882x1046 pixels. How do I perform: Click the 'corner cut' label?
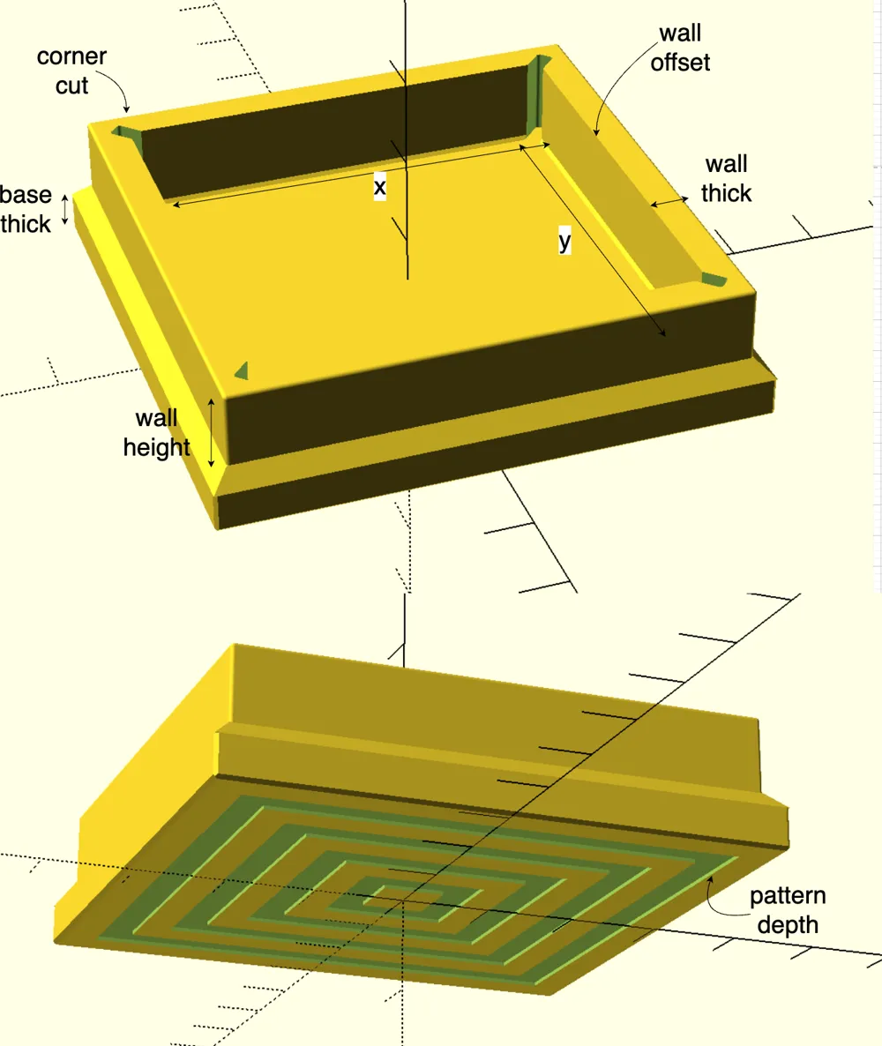tap(71, 71)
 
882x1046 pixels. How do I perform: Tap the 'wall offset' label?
tap(680, 48)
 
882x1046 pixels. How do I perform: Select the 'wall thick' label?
tap(726, 178)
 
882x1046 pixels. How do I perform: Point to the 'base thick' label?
tap(26, 209)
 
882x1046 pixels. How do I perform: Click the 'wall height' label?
tap(157, 432)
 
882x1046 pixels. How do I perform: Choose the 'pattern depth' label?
tap(788, 910)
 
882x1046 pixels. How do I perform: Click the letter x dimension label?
tap(379, 187)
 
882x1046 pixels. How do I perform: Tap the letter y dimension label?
tap(564, 240)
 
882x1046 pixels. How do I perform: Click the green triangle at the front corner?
tap(242, 370)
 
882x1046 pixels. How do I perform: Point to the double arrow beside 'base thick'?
tap(64, 210)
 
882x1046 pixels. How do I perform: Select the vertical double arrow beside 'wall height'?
tap(212, 432)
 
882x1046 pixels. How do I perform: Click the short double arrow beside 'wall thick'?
tap(669, 201)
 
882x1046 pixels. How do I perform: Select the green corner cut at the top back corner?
tap(537, 93)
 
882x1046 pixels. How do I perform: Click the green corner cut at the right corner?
tap(714, 280)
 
